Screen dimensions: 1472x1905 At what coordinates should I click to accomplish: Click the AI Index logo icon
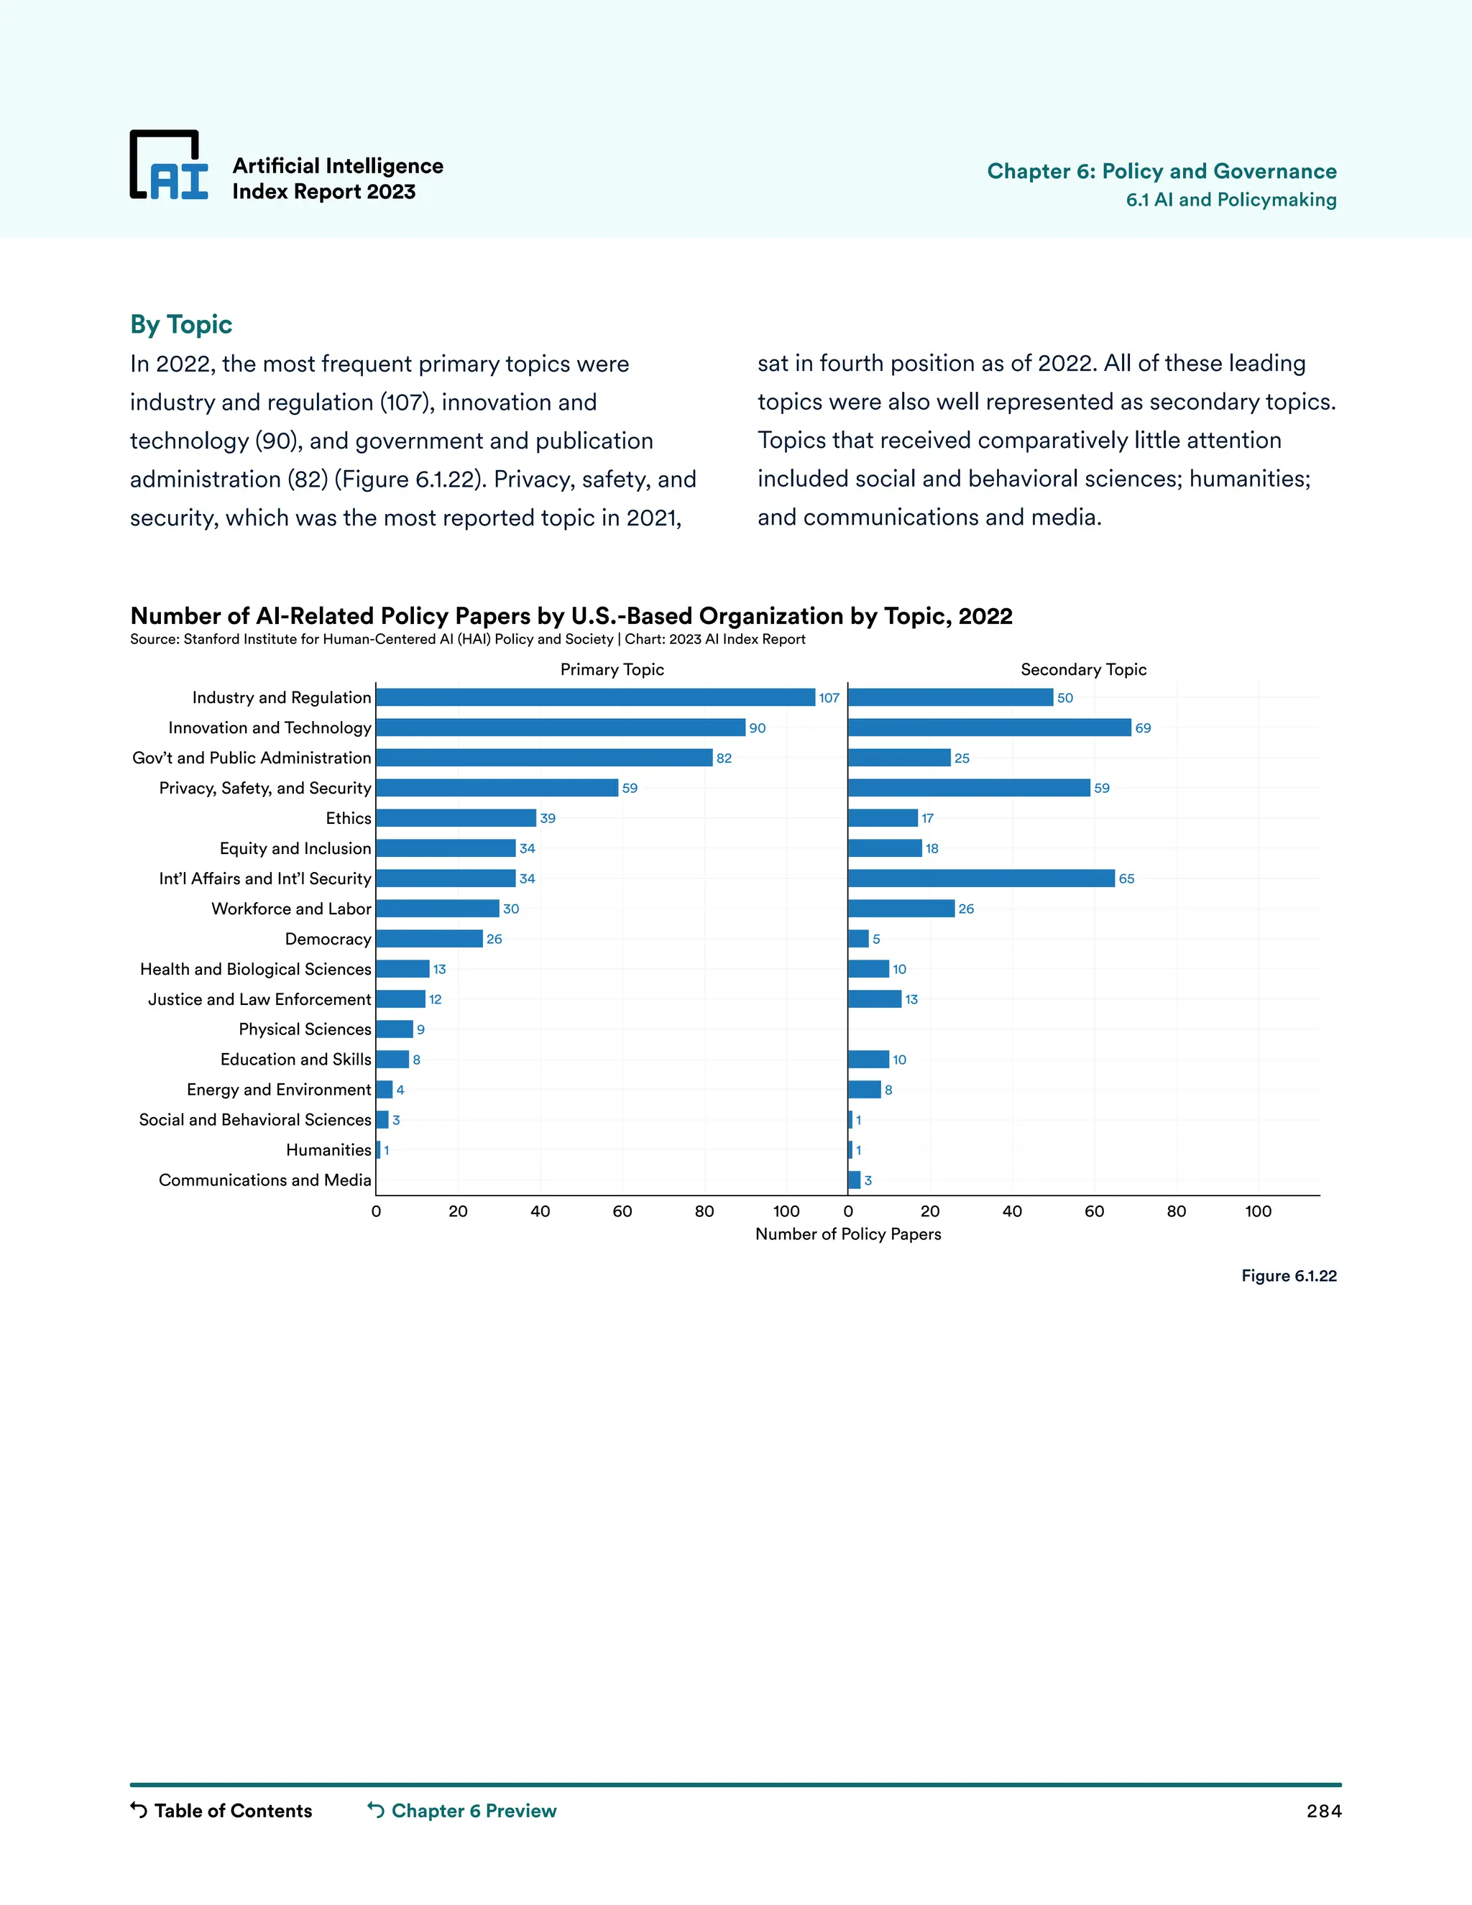(169, 166)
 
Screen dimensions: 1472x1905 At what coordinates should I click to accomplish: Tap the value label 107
(829, 698)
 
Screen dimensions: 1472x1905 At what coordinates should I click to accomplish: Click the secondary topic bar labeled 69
(989, 727)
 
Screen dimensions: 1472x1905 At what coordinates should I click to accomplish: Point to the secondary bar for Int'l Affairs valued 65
(981, 878)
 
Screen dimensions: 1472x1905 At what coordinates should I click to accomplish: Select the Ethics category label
(348, 818)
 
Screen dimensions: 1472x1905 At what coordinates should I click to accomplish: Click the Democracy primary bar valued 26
(429, 939)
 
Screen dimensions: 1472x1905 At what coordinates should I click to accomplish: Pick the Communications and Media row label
(265, 1180)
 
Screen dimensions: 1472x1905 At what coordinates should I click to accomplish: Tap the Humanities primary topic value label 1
(386, 1150)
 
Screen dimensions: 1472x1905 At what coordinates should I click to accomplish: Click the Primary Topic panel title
(612, 669)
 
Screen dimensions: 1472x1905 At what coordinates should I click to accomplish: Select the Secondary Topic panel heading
(1083, 669)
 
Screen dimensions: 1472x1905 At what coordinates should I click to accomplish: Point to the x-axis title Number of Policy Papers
(847, 1234)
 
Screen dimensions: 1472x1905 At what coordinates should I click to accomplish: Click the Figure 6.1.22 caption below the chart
(1288, 1275)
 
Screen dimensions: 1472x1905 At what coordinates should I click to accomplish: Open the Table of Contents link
(221, 1810)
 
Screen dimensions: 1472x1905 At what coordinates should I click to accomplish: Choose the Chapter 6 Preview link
(462, 1810)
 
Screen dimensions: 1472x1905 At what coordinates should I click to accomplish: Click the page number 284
(1323, 1811)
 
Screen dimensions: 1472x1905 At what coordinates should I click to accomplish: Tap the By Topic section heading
(181, 324)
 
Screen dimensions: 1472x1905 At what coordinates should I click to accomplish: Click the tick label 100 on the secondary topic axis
(1258, 1211)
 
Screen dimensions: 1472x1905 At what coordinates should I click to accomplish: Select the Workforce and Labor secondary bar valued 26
(901, 909)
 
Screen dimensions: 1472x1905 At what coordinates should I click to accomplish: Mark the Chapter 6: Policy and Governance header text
(1161, 171)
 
